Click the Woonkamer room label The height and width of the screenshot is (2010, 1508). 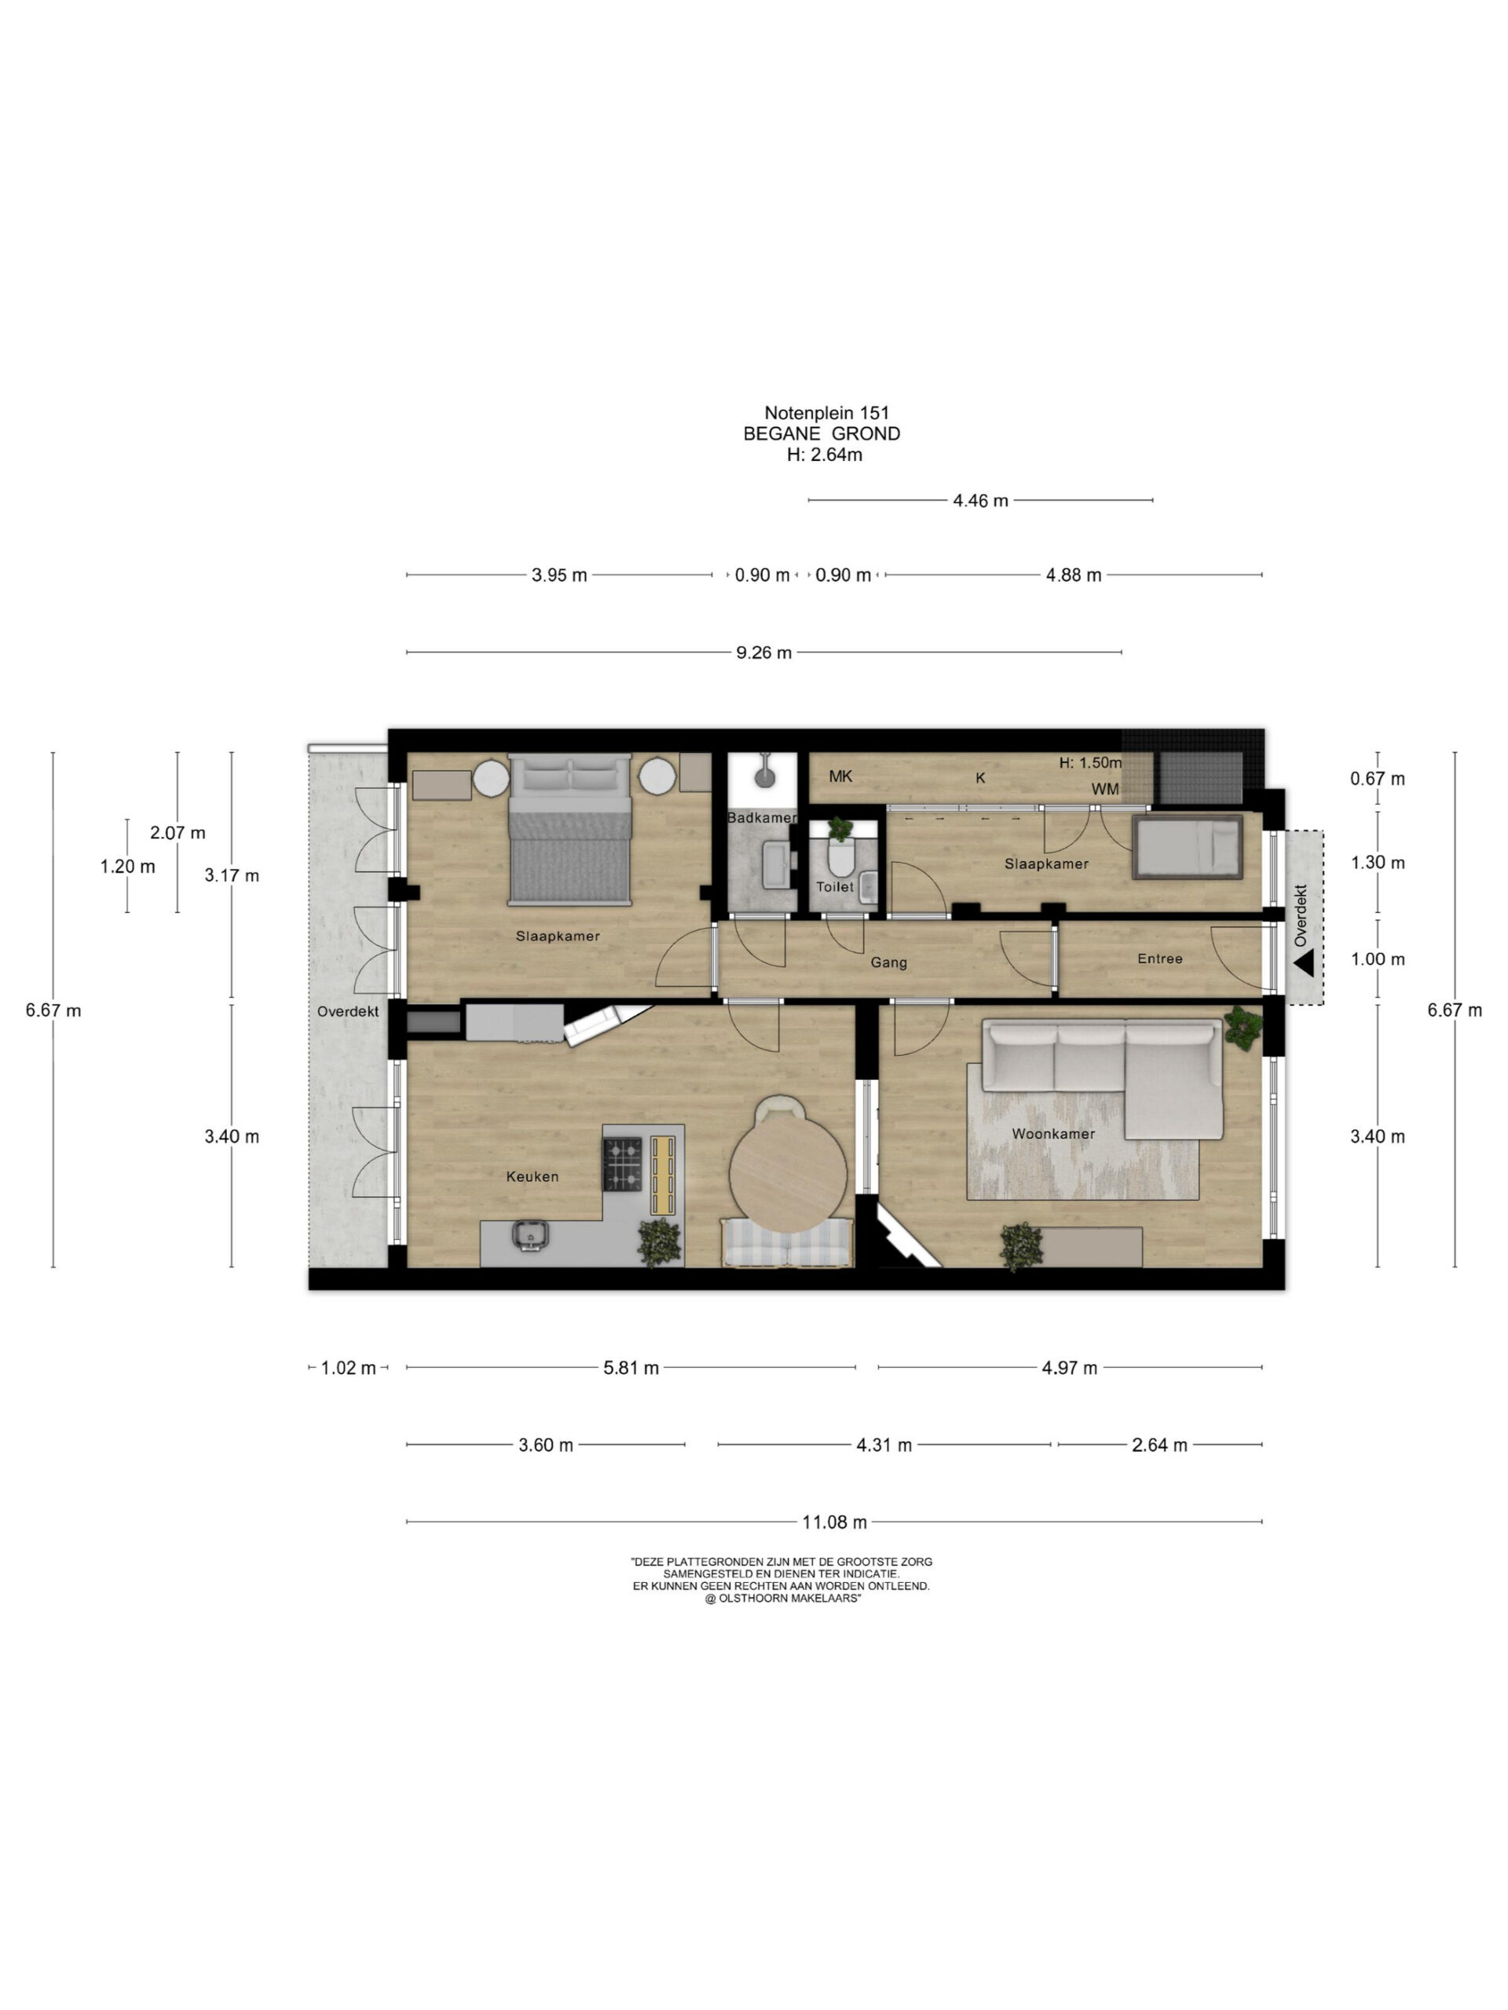coord(1052,1133)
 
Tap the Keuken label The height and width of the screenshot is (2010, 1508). coord(532,1176)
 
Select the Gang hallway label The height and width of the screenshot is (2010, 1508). coord(888,963)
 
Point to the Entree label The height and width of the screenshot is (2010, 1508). coord(1159,958)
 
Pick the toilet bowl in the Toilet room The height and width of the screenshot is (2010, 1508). coord(840,855)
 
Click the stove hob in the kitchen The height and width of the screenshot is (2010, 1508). coord(622,1164)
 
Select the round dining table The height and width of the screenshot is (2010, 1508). coord(787,1173)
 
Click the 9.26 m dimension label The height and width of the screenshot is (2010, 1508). coord(763,652)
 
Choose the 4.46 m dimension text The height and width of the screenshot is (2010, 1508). coord(980,501)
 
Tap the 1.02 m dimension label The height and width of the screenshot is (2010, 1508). coord(348,1368)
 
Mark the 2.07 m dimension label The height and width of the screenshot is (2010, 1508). coord(178,832)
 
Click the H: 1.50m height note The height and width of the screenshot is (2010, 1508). coord(1090,762)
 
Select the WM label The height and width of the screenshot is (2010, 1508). coord(1104,789)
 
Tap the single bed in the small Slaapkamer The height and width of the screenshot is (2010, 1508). coord(1187,847)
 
